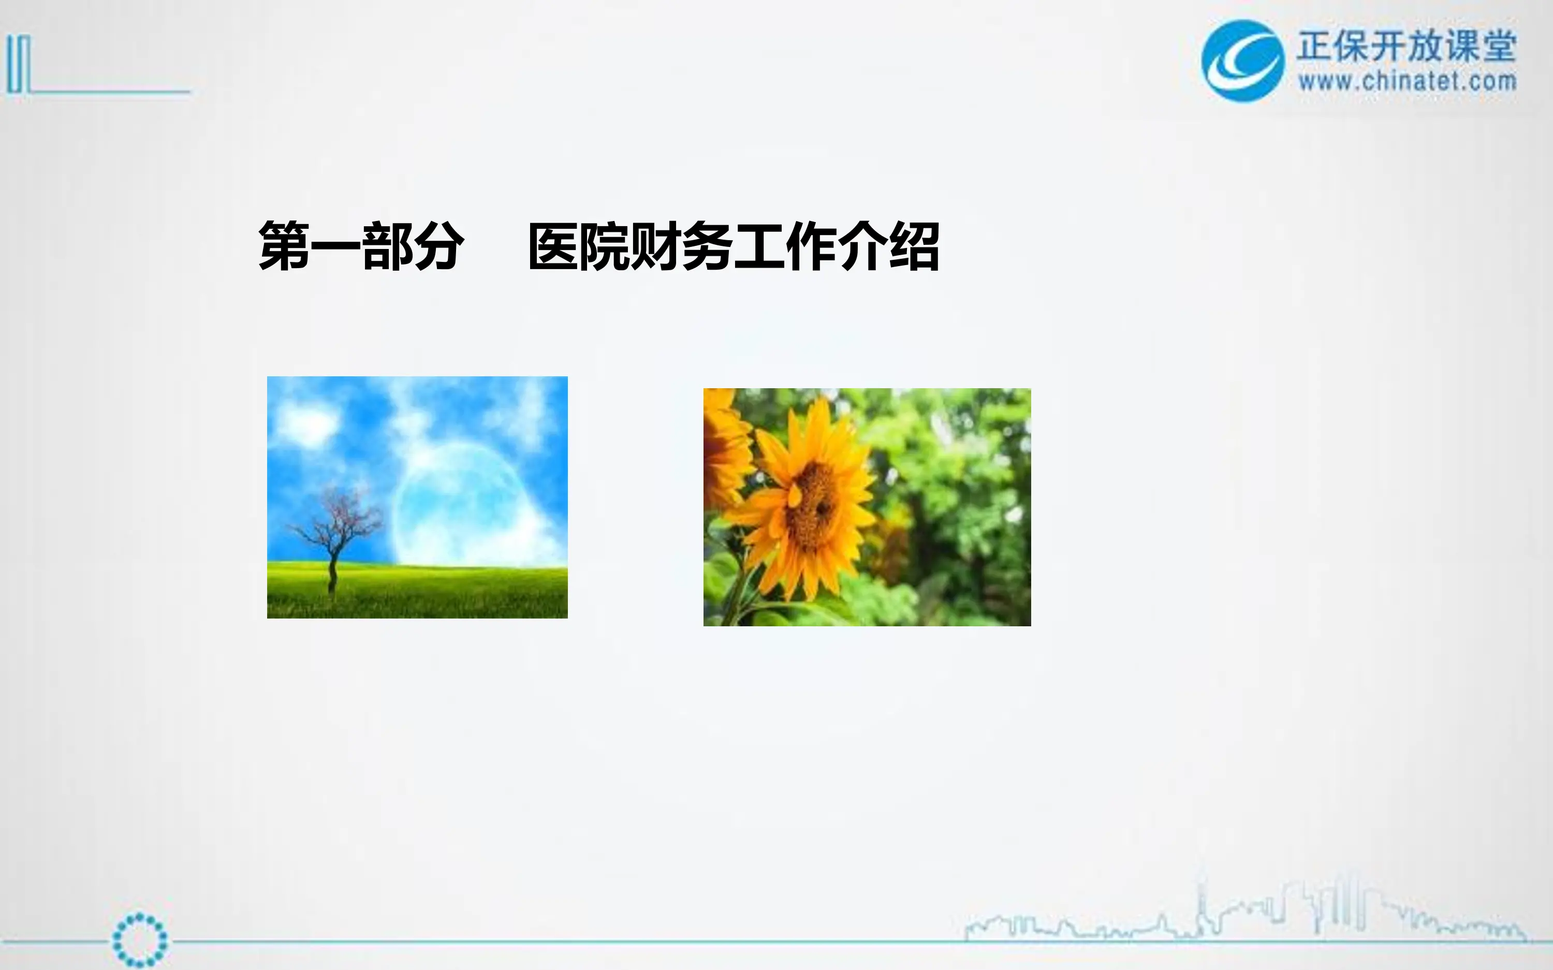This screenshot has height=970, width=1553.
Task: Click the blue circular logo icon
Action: (x=1242, y=61)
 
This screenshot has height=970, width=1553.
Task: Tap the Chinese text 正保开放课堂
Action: (x=1406, y=46)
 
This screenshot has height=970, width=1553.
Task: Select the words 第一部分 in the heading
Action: (x=360, y=246)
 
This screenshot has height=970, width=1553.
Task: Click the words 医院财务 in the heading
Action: (x=630, y=246)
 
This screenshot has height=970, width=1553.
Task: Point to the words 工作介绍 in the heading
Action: (x=837, y=246)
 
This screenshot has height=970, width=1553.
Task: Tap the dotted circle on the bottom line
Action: (x=139, y=940)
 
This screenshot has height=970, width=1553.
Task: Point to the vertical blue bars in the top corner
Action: (x=18, y=64)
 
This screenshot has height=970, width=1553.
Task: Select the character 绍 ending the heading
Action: (x=914, y=246)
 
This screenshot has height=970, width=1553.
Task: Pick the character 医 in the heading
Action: (x=553, y=246)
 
